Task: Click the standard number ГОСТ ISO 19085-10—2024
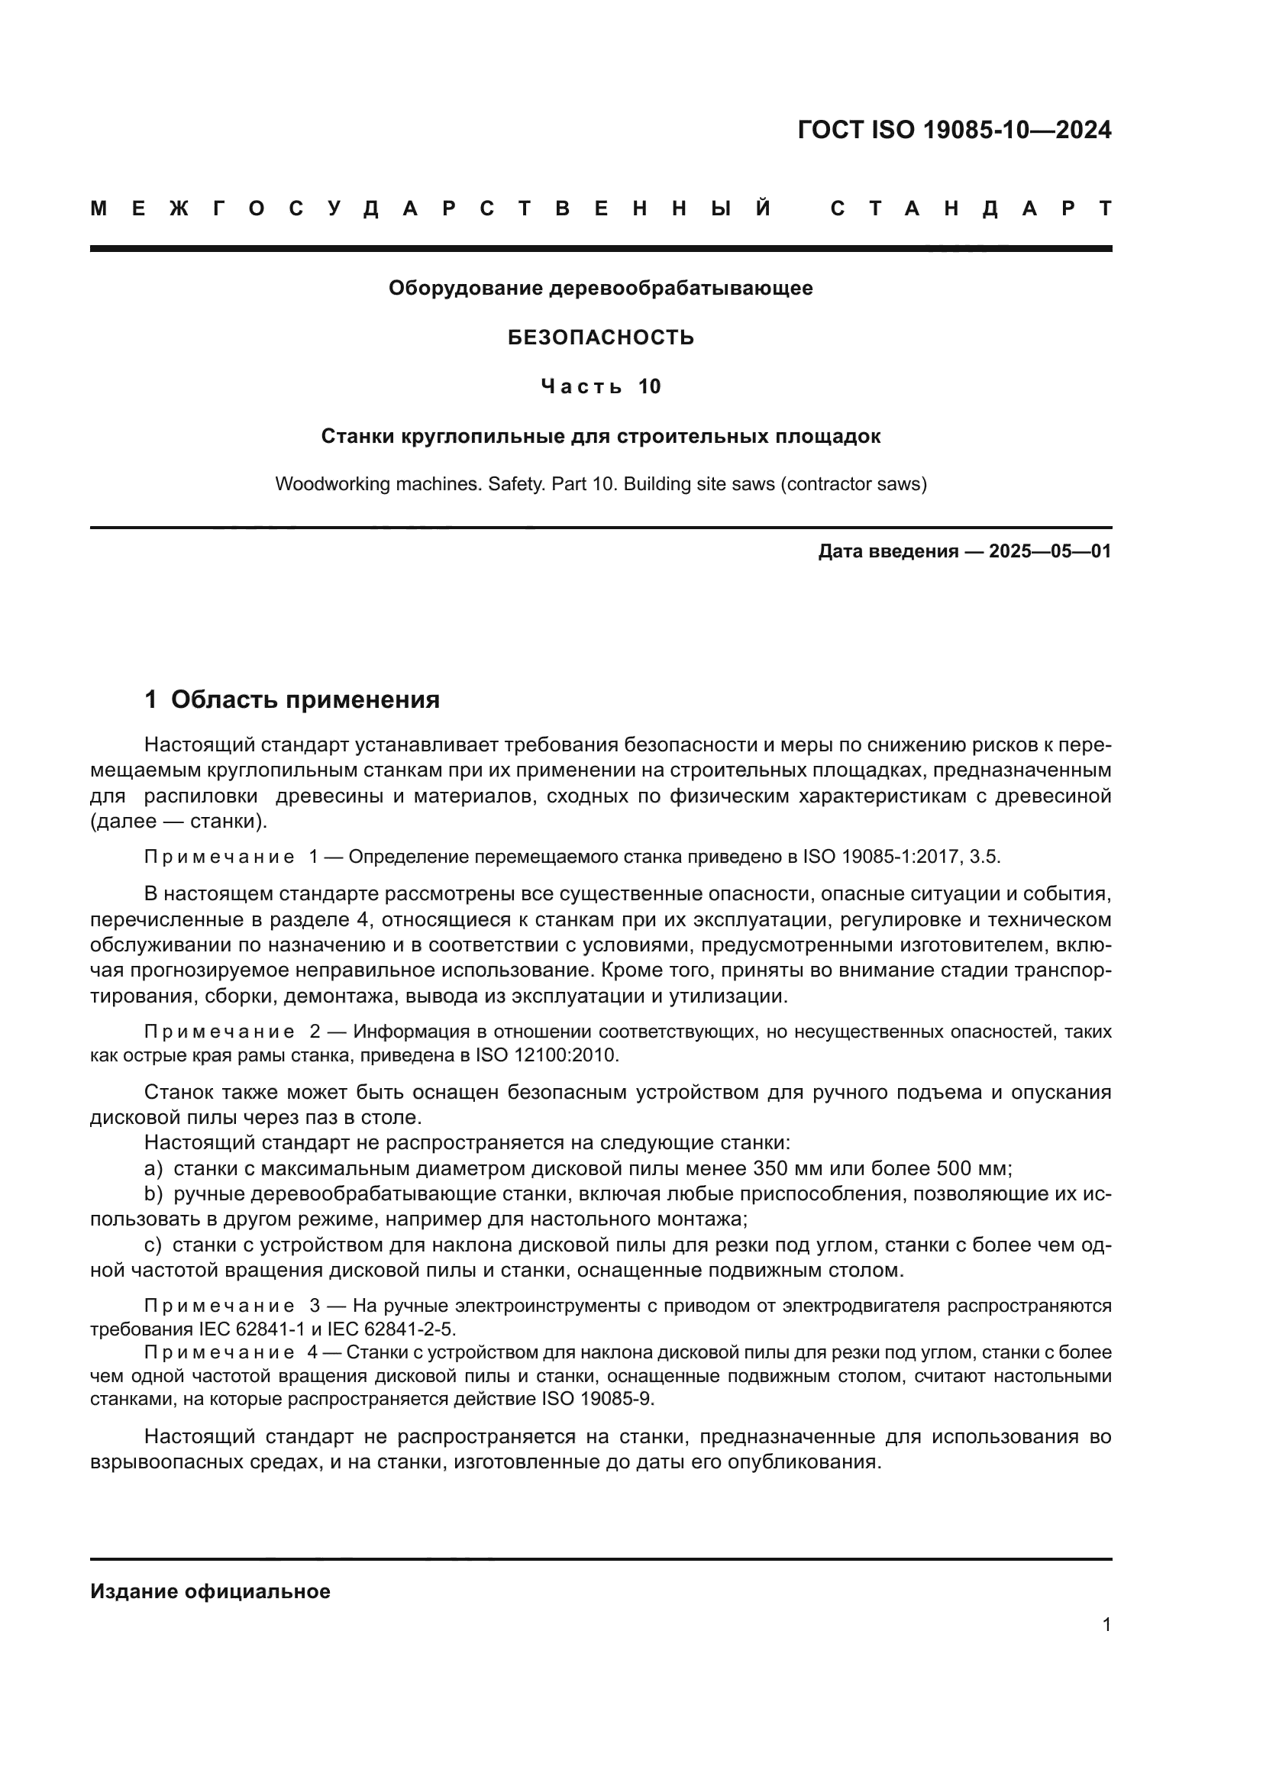coord(955,130)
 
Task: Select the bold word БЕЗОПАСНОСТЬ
coord(600,337)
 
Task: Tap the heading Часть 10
coord(600,386)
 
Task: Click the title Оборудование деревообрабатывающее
coord(600,289)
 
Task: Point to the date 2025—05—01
coord(1050,551)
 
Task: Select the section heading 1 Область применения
coord(292,699)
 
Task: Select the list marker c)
coord(153,1245)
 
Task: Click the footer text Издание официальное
coord(210,1591)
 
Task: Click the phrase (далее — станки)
coord(178,822)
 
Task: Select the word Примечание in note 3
coord(219,1305)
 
